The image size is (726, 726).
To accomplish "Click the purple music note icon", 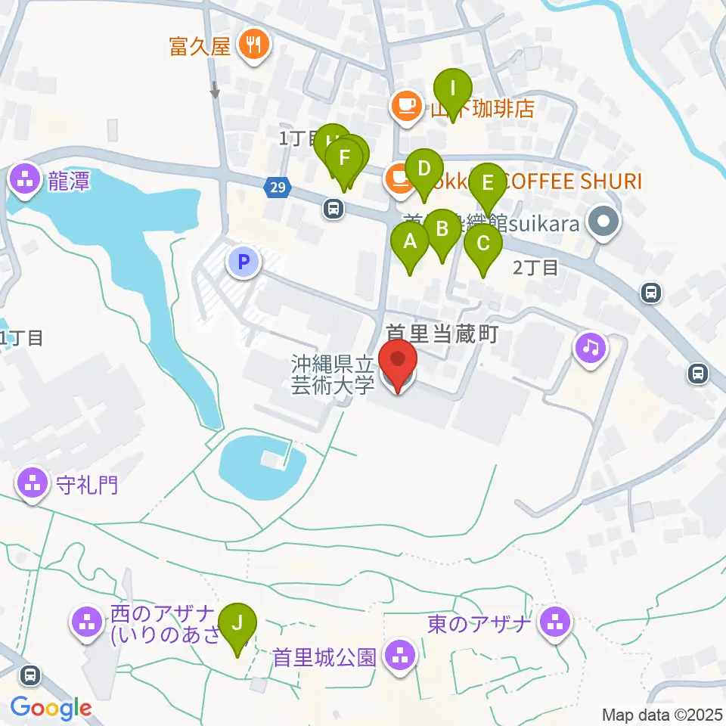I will tap(591, 347).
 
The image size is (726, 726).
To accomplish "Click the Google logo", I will tap(51, 709).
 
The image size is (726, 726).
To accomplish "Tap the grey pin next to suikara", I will tap(603, 223).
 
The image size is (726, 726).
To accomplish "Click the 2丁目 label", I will tap(535, 267).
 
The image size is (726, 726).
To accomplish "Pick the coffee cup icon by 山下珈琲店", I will tap(406, 105).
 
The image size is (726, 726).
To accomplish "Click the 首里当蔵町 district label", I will tap(442, 334).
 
